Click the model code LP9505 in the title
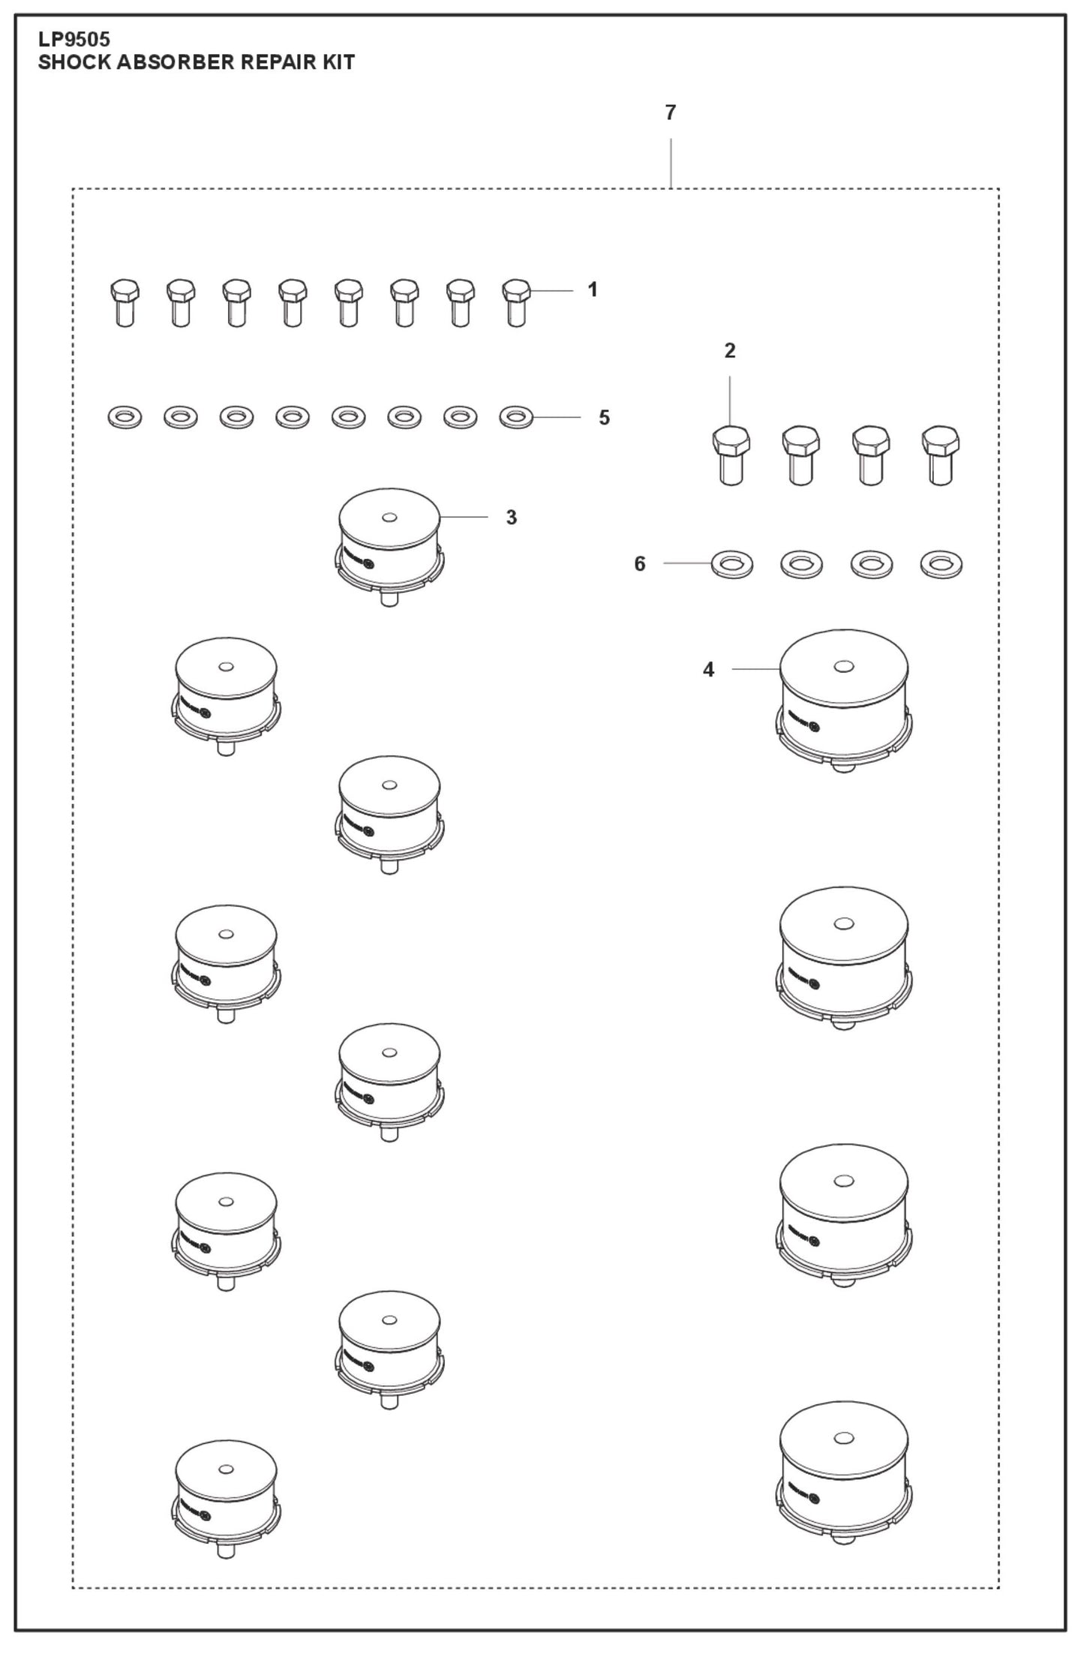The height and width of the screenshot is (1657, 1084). tap(74, 39)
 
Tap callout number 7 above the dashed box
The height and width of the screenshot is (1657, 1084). tap(670, 113)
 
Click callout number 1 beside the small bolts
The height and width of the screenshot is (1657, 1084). tap(593, 290)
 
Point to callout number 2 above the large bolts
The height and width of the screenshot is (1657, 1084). tap(729, 350)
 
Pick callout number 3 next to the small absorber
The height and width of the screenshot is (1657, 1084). tap(511, 517)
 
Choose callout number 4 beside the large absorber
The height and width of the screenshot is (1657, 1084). tap(708, 669)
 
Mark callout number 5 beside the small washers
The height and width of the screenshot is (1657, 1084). tap(604, 417)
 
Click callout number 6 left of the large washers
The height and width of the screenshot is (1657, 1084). tap(639, 563)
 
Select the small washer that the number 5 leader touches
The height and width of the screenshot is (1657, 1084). tap(516, 416)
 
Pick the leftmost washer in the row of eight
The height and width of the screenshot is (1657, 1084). tap(125, 416)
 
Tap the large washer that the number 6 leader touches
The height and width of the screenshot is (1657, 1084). tap(731, 564)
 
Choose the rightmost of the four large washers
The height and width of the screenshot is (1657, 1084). tap(941, 564)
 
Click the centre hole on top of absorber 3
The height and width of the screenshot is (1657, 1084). tap(389, 518)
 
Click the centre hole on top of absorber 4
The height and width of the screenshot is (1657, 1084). tap(843, 666)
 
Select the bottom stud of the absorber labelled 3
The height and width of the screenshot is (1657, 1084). tap(389, 599)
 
